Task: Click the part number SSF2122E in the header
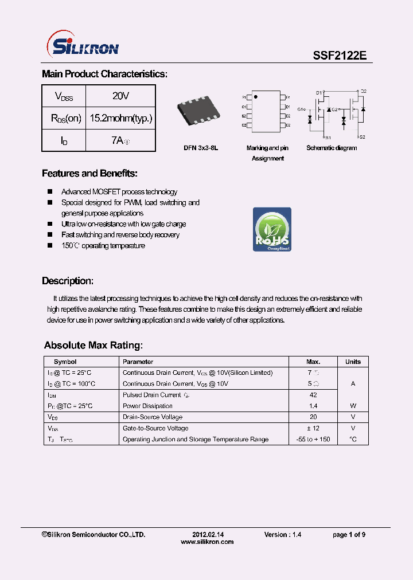[338, 56]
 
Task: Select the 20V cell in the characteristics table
[120, 96]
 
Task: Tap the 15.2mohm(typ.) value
[120, 119]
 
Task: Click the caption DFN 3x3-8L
[201, 148]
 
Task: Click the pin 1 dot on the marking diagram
[256, 96]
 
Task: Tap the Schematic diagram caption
[332, 148]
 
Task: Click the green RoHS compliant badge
[272, 229]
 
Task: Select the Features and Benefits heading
[89, 174]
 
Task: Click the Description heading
[68, 281]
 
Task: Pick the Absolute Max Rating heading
[93, 346]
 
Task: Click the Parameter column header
[138, 362]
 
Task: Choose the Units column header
[353, 362]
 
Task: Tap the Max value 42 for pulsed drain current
[313, 395]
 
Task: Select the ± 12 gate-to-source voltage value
[313, 428]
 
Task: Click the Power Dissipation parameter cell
[148, 406]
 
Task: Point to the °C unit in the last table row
[353, 439]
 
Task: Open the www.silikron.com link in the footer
[207, 542]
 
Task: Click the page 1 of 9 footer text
[349, 535]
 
